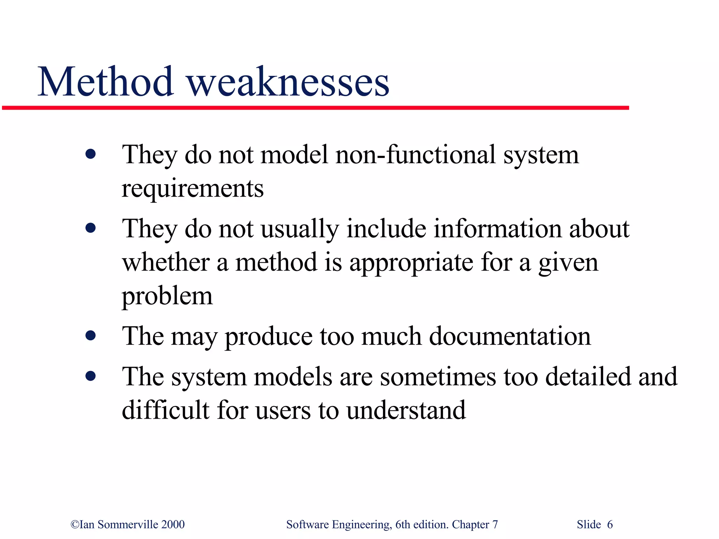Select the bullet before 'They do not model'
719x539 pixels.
(x=91, y=154)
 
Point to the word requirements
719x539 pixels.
(x=192, y=189)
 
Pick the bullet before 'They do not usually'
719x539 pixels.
(x=91, y=228)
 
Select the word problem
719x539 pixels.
(x=167, y=297)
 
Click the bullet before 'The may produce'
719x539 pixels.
(x=91, y=336)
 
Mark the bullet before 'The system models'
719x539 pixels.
(x=91, y=376)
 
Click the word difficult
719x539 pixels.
(x=165, y=410)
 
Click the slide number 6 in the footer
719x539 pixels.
(x=610, y=525)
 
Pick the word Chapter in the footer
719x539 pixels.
(x=470, y=525)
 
